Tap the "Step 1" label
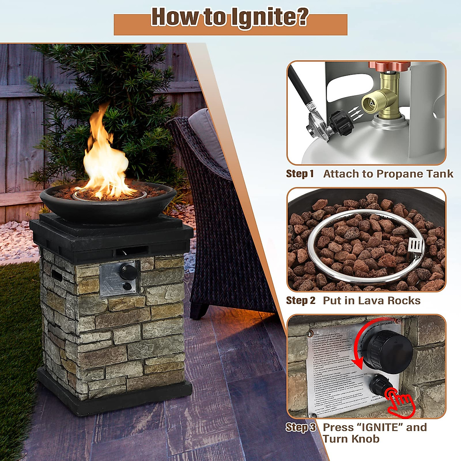[300, 174]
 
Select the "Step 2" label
[300, 300]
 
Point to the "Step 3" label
[300, 427]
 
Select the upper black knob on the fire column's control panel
[127, 272]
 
